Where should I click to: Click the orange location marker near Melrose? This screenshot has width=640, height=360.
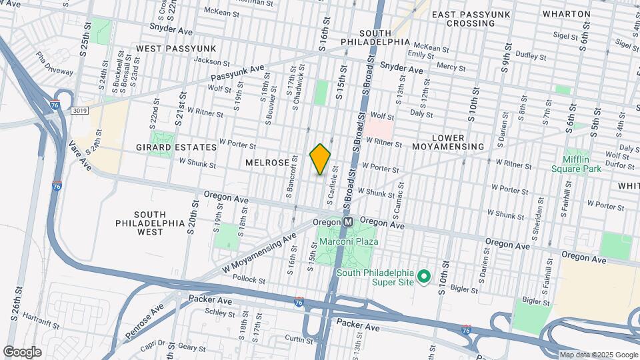click(x=320, y=159)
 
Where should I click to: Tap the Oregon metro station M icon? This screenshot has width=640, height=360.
click(x=348, y=222)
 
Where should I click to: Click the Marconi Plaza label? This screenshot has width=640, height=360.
click(x=348, y=241)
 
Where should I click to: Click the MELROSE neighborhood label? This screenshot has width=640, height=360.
click(x=267, y=163)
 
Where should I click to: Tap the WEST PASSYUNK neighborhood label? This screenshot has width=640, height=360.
click(x=176, y=49)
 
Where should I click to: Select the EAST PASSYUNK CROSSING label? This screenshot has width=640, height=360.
click(x=472, y=19)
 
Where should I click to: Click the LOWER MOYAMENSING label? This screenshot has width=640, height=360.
click(x=457, y=142)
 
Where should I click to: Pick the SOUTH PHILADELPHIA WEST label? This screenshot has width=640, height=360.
click(x=150, y=223)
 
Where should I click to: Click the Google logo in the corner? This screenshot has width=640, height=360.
click(x=22, y=351)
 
